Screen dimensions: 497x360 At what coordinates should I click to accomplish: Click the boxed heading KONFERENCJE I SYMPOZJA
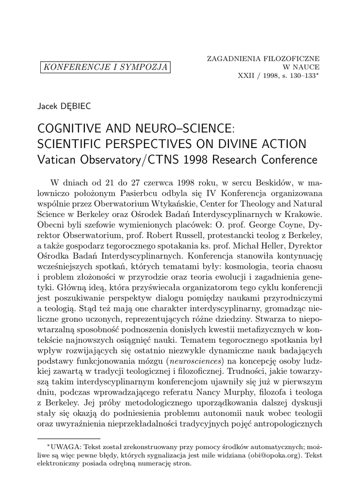coord(106,66)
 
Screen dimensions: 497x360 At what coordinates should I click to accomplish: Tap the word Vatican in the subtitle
coord(58,160)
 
